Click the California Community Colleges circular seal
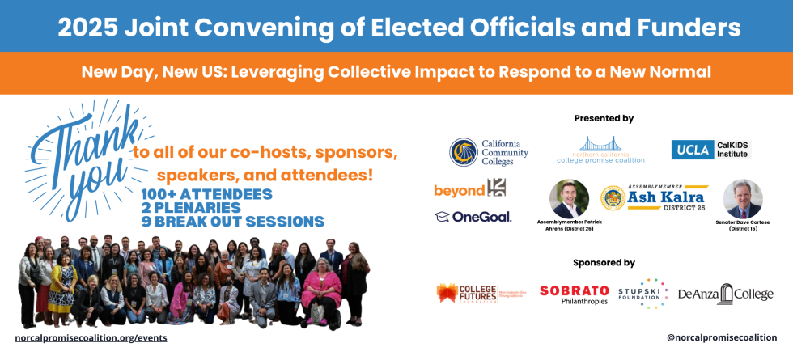464,152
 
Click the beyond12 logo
470,189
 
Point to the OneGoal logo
473,216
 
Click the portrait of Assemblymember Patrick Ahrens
569,198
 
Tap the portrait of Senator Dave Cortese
742,198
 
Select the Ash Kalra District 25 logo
655,198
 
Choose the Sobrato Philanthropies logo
574,294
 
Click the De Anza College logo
725,294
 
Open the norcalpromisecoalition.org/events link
91,337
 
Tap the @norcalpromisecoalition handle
721,337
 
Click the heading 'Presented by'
604,118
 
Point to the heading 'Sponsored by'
604,262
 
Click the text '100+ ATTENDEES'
206,194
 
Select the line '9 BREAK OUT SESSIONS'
232,222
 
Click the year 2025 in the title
87,28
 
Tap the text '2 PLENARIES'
193,208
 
